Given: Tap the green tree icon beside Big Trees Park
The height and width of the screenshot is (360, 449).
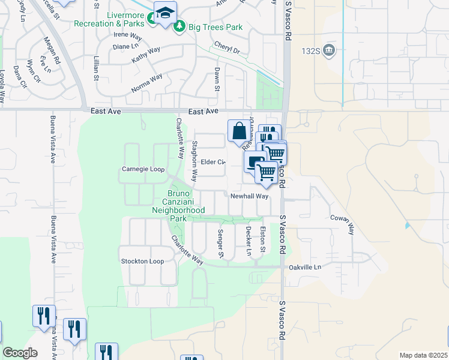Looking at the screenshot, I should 178,28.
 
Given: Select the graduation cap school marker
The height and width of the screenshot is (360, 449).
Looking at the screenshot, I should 164,13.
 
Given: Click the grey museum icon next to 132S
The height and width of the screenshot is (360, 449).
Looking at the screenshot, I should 329,50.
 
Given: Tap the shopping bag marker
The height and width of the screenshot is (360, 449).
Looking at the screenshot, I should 238,130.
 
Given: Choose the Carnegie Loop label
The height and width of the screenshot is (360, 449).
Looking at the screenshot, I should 143,169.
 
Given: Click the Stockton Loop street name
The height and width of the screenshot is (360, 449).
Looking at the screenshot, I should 142,262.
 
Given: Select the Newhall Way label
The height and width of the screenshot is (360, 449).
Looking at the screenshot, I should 249,196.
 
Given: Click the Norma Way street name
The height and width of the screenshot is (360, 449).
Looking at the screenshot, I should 147,84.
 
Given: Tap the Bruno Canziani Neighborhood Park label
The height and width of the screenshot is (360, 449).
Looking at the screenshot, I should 178,206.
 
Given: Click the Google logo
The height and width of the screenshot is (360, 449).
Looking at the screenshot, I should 20,353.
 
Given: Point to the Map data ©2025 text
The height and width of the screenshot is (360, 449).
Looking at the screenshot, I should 423,355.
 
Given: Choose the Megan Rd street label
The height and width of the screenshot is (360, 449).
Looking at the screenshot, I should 52,51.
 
